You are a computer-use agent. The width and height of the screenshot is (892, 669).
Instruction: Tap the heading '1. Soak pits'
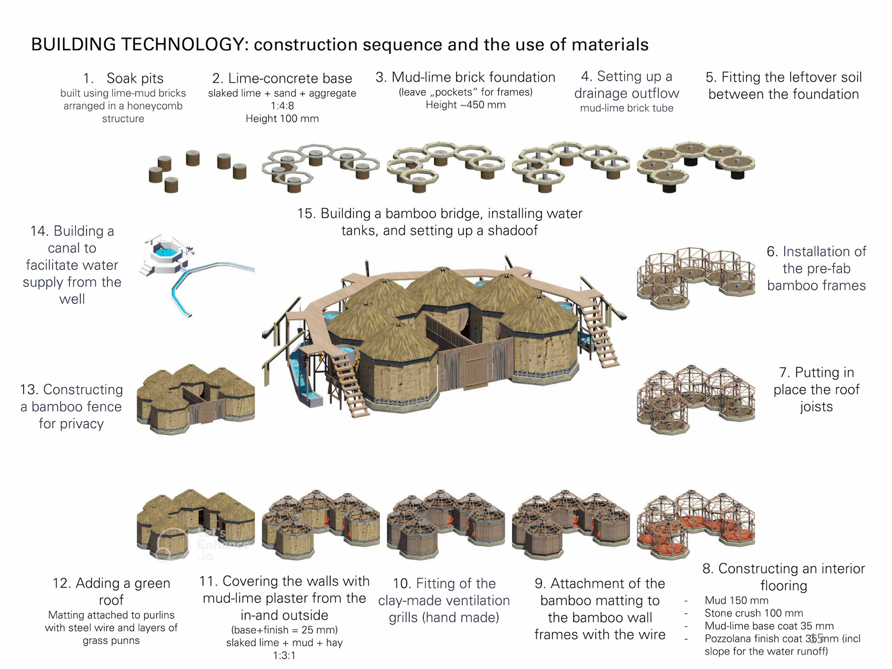123,78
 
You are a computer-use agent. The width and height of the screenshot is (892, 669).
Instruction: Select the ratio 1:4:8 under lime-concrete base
282,106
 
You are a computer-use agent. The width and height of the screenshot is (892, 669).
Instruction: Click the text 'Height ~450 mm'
466,105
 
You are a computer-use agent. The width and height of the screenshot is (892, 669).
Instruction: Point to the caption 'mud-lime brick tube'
626,108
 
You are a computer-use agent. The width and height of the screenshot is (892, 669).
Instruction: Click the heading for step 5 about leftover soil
783,85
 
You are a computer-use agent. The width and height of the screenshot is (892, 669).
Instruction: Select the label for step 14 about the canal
72,265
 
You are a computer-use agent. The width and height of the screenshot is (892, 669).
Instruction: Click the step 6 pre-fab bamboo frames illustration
695,277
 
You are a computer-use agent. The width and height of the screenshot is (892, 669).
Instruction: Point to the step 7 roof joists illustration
695,399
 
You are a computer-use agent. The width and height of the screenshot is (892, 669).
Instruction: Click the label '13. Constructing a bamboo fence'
72,407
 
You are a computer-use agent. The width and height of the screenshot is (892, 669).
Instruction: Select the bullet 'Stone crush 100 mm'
754,613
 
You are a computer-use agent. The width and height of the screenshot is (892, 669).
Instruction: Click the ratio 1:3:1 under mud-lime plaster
284,656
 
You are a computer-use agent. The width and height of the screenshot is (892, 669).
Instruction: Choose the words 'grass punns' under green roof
111,641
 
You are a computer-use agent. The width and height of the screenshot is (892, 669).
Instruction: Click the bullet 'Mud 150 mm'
736,600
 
